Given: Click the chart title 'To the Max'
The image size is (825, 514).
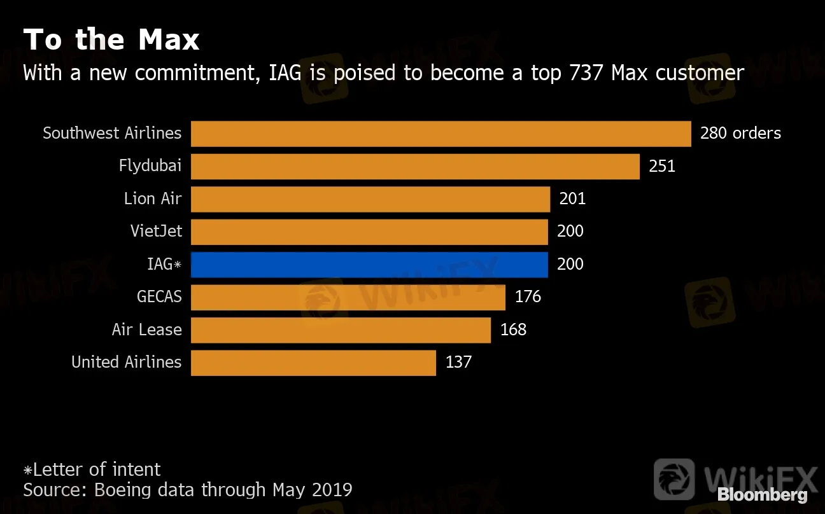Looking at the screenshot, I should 111,40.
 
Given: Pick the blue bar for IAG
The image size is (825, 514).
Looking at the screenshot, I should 369,265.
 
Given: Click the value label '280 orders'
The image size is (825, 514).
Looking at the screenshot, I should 740,133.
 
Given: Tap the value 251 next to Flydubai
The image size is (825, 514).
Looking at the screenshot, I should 662,166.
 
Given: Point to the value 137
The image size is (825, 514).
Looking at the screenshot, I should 458,362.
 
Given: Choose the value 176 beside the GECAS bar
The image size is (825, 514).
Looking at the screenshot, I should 528,296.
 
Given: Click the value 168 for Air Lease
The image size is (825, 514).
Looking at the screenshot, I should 513,330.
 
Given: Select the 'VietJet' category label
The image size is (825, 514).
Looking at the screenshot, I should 156,231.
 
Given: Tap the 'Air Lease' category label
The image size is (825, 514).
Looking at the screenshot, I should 146,330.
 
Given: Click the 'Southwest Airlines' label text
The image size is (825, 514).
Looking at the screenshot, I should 112,133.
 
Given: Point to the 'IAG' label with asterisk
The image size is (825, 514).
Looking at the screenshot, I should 164,264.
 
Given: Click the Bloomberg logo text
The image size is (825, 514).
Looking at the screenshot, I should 762,495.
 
